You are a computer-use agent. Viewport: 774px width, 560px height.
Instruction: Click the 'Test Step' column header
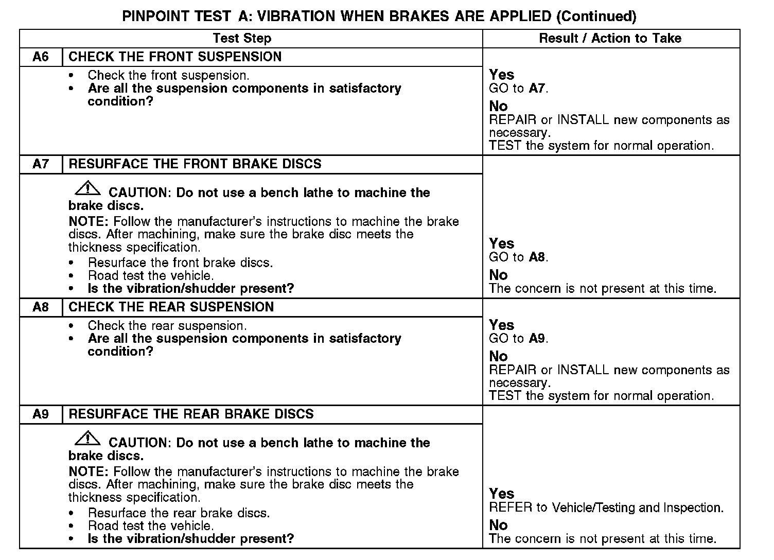pyautogui.click(x=242, y=39)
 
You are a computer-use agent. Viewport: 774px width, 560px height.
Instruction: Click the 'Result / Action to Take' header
pyautogui.click(x=610, y=39)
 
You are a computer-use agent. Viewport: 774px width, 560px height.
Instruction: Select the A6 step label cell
pyautogui.click(x=41, y=57)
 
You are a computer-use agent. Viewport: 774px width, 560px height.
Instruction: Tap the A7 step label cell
pyautogui.click(x=41, y=164)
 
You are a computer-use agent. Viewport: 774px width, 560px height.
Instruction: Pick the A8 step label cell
pyautogui.click(x=41, y=307)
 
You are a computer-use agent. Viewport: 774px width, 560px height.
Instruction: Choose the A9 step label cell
pyautogui.click(x=41, y=414)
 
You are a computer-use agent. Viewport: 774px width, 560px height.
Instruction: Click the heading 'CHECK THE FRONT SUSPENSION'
pyautogui.click(x=175, y=57)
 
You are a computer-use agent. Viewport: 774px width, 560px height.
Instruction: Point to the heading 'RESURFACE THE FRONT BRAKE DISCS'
pyautogui.click(x=195, y=164)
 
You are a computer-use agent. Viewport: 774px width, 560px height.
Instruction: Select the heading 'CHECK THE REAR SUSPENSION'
pyautogui.click(x=171, y=307)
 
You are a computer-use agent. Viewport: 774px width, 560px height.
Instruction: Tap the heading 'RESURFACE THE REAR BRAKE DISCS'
pyautogui.click(x=191, y=414)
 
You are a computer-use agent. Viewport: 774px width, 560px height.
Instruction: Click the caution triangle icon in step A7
pyautogui.click(x=88, y=188)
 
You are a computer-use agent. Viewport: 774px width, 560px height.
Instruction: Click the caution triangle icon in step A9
pyautogui.click(x=88, y=439)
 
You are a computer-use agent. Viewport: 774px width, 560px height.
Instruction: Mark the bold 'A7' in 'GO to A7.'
pyautogui.click(x=537, y=89)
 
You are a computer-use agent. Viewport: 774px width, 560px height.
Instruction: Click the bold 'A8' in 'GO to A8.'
pyautogui.click(x=537, y=257)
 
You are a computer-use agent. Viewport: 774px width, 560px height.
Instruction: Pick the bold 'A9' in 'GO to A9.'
pyautogui.click(x=537, y=339)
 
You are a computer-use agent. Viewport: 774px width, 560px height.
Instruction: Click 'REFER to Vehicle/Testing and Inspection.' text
pyautogui.click(x=606, y=508)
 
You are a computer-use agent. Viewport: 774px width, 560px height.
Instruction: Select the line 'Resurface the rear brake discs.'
pyautogui.click(x=179, y=513)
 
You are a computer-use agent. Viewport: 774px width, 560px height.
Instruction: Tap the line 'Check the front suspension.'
pyautogui.click(x=168, y=76)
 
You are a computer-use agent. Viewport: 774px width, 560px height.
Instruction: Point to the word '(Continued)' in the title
pyautogui.click(x=597, y=16)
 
